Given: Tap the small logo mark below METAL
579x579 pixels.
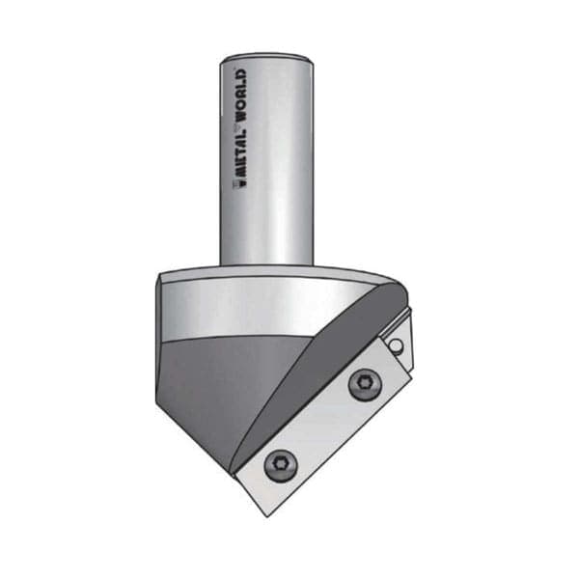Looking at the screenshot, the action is tap(240, 183).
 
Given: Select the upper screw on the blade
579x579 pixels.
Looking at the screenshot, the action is tap(365, 384).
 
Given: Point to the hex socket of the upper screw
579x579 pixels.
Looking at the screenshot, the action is tap(365, 384).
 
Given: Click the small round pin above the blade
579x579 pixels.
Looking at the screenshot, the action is tap(396, 345).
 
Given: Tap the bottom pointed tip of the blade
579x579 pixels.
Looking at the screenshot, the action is tap(267, 516).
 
